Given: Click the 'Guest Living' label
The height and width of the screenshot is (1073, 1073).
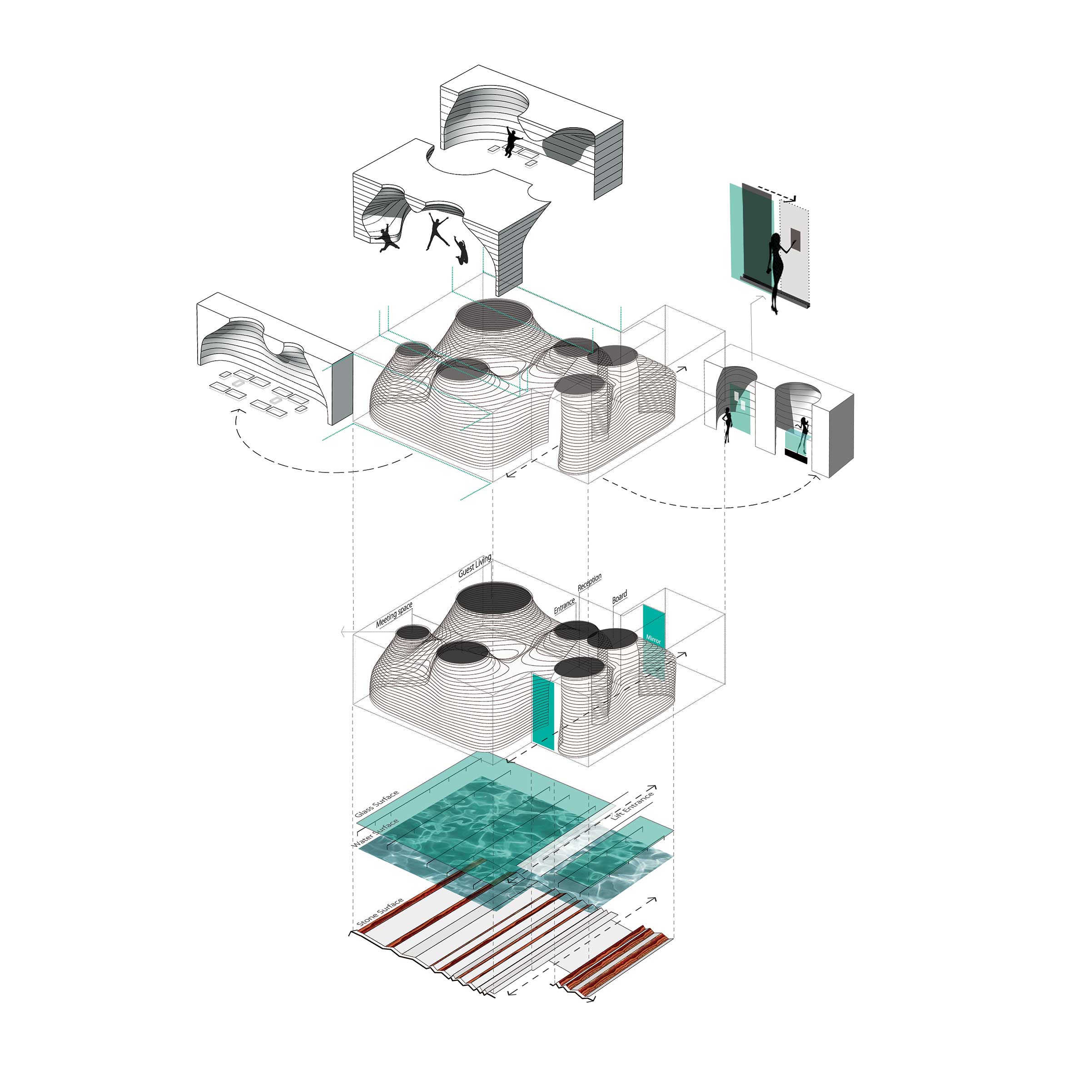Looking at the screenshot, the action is pos(475,567).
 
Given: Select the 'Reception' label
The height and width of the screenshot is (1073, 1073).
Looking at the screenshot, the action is pos(589,582).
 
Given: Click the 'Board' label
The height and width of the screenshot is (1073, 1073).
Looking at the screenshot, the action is pos(619,597).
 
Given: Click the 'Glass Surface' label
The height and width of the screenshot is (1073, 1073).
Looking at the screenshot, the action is pos(377,804).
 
